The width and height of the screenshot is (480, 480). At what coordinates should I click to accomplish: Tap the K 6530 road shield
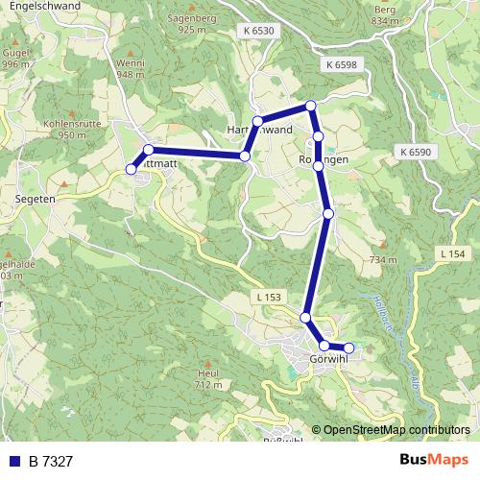tap(258, 32)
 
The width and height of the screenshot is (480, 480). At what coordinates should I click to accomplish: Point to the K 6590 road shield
tap(415, 152)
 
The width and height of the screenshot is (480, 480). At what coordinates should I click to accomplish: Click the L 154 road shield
tap(454, 252)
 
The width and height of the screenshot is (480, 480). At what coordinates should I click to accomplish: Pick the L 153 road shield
tap(270, 298)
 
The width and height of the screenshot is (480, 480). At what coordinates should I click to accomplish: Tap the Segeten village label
tap(35, 199)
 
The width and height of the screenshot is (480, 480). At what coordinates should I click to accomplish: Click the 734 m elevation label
tap(382, 259)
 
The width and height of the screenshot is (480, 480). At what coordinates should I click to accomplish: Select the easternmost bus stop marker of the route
tap(348, 348)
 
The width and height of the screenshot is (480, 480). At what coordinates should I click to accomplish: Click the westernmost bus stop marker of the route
tap(132, 170)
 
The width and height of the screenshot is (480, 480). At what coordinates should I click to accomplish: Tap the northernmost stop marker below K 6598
tap(310, 106)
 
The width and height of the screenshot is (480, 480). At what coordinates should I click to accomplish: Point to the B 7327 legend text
tap(51, 461)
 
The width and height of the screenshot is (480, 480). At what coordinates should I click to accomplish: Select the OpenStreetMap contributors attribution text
tap(396, 430)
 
